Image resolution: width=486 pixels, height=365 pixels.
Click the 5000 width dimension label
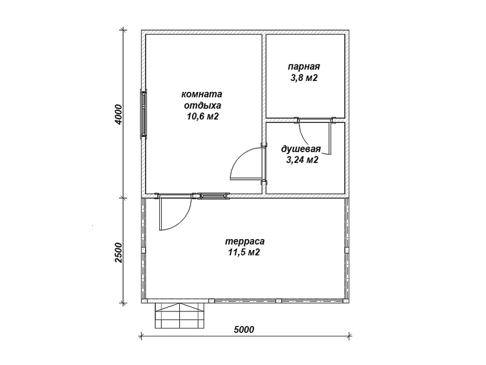click(244, 329)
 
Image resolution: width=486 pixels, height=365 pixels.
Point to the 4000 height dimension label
click(118, 114)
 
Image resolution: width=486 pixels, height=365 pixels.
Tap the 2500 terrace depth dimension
click(118, 252)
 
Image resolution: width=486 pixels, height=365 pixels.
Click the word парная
click(304, 67)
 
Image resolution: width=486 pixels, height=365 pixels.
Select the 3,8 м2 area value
click(304, 78)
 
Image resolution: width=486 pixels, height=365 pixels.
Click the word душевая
click(301, 149)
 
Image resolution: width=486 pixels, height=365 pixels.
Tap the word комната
click(202, 94)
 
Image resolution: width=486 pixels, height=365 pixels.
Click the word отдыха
click(202, 105)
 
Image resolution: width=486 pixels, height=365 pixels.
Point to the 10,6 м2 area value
click(202, 117)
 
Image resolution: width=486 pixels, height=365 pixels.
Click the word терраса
click(245, 241)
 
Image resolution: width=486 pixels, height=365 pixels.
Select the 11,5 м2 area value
click(244, 252)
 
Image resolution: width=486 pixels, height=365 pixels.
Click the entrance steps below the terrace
click(180, 315)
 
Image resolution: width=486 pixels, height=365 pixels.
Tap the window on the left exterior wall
click(143, 113)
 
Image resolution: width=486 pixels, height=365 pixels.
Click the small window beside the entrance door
click(213, 195)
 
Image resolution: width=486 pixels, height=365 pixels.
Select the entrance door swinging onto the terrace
click(174, 212)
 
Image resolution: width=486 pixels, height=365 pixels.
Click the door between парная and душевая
click(315, 136)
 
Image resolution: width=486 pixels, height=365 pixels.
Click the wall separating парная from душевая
click(306, 120)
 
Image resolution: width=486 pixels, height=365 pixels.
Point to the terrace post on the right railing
click(346, 250)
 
